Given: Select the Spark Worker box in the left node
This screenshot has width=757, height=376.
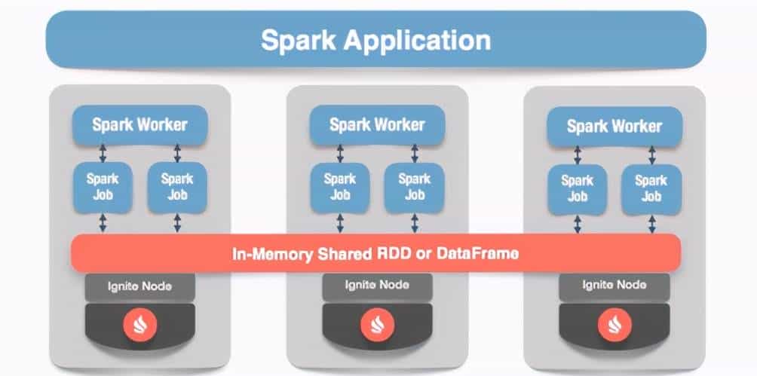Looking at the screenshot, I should [x=139, y=124].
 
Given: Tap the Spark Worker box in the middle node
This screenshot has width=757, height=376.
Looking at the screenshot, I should [x=377, y=124].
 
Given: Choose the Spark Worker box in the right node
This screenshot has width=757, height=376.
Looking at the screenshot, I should [x=614, y=126].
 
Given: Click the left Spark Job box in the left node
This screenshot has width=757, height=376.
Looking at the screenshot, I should [x=102, y=187].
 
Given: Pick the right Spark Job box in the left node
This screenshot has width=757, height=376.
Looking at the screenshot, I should [x=177, y=187].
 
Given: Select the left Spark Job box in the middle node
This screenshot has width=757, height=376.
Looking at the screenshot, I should [x=340, y=187].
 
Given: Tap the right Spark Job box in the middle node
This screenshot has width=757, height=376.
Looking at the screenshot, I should [x=415, y=187].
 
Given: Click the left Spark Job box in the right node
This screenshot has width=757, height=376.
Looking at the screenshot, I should [x=577, y=188].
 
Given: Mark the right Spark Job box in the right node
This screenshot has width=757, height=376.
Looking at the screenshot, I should [x=651, y=188].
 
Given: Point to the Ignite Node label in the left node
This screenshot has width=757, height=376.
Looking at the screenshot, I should [x=139, y=286].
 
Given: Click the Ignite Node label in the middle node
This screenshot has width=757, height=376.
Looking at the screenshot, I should [x=377, y=286].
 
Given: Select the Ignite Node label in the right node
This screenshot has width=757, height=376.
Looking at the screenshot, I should [x=614, y=286].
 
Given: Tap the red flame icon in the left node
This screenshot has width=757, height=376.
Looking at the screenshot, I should [x=139, y=325].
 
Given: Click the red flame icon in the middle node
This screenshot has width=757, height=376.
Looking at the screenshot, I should [x=377, y=325].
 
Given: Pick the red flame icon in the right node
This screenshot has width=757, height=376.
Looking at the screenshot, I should [x=614, y=325].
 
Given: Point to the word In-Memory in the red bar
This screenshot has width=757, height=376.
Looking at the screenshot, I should [x=269, y=254].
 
